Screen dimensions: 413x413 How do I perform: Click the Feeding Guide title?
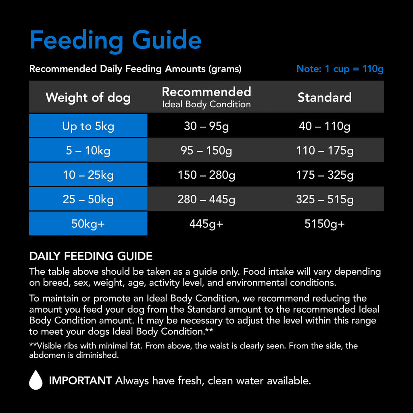(x=115, y=40)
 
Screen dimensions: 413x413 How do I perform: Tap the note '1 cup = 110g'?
(x=340, y=69)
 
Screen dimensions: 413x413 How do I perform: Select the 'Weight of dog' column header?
(x=88, y=97)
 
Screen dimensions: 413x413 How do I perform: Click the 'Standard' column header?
(x=324, y=97)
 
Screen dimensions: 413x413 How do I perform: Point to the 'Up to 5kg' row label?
(x=88, y=126)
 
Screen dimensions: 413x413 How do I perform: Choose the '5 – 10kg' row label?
(x=88, y=150)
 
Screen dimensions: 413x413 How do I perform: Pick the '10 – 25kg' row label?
(x=88, y=175)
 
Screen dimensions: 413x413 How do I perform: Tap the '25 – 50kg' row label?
(x=88, y=199)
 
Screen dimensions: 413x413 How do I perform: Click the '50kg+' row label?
(x=88, y=223)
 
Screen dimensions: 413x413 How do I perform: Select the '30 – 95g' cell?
(x=206, y=126)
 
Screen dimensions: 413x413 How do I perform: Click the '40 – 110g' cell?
(x=324, y=126)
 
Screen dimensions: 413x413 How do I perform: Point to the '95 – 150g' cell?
(x=206, y=150)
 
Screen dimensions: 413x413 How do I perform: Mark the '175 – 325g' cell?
(x=324, y=175)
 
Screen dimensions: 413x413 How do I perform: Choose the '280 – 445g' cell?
(x=206, y=199)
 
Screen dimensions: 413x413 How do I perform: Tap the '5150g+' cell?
(x=324, y=223)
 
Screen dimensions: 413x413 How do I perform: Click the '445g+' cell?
(x=206, y=223)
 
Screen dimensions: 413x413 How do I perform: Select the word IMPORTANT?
(x=80, y=380)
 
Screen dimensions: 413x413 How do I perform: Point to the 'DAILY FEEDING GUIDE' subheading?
(x=91, y=256)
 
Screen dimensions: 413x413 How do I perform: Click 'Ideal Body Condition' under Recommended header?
(x=206, y=104)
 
